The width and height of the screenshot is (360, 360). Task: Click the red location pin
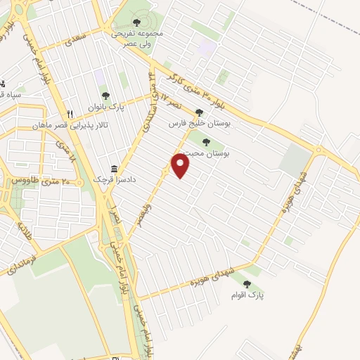181,165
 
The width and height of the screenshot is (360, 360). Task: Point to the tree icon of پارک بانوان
105,96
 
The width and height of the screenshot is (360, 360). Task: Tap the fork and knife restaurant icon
69,114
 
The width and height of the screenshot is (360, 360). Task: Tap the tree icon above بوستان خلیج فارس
199,112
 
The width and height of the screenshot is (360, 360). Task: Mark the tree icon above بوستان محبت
206,143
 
